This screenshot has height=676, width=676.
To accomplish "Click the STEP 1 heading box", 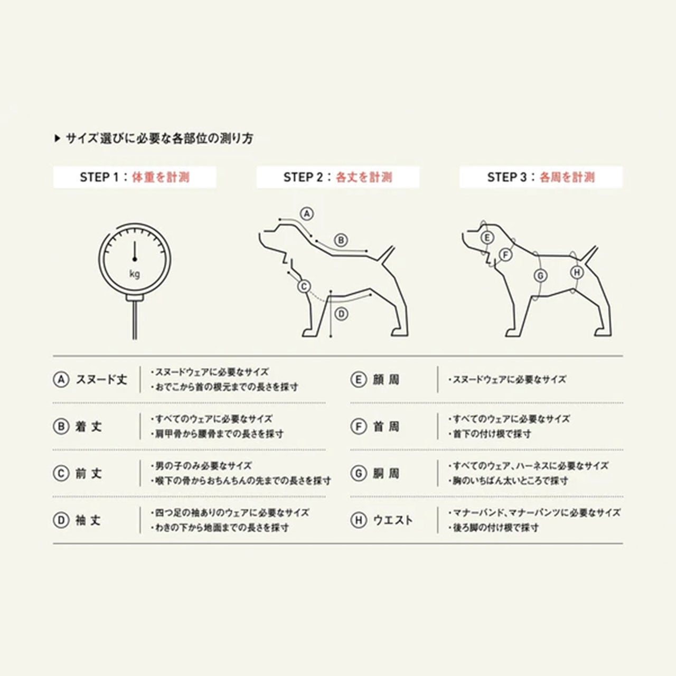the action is click(135, 177).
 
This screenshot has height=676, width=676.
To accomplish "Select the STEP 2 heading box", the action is click(338, 177).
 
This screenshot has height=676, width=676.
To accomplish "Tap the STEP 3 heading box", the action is click(541, 177).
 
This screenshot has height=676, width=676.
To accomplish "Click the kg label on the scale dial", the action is click(135, 274).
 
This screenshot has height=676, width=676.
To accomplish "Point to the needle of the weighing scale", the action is click(134, 251).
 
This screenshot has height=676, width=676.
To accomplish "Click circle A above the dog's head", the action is click(307, 214).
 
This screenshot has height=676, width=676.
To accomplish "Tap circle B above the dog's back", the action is click(341, 241).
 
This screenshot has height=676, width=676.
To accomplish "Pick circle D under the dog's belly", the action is click(341, 314).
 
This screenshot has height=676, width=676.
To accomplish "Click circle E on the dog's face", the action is click(487, 238).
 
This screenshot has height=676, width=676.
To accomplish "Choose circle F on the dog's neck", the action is click(505, 255).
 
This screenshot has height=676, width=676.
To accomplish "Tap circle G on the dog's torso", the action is click(540, 276).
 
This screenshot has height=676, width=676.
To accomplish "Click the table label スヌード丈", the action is click(101, 380).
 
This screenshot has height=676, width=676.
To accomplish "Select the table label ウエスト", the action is click(393, 520).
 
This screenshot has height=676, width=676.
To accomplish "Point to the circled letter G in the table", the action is click(359, 474).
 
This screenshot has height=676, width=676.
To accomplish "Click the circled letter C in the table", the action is click(61, 474).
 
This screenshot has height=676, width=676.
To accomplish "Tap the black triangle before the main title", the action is click(58, 138).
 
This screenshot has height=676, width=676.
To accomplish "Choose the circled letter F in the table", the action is click(359, 427).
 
